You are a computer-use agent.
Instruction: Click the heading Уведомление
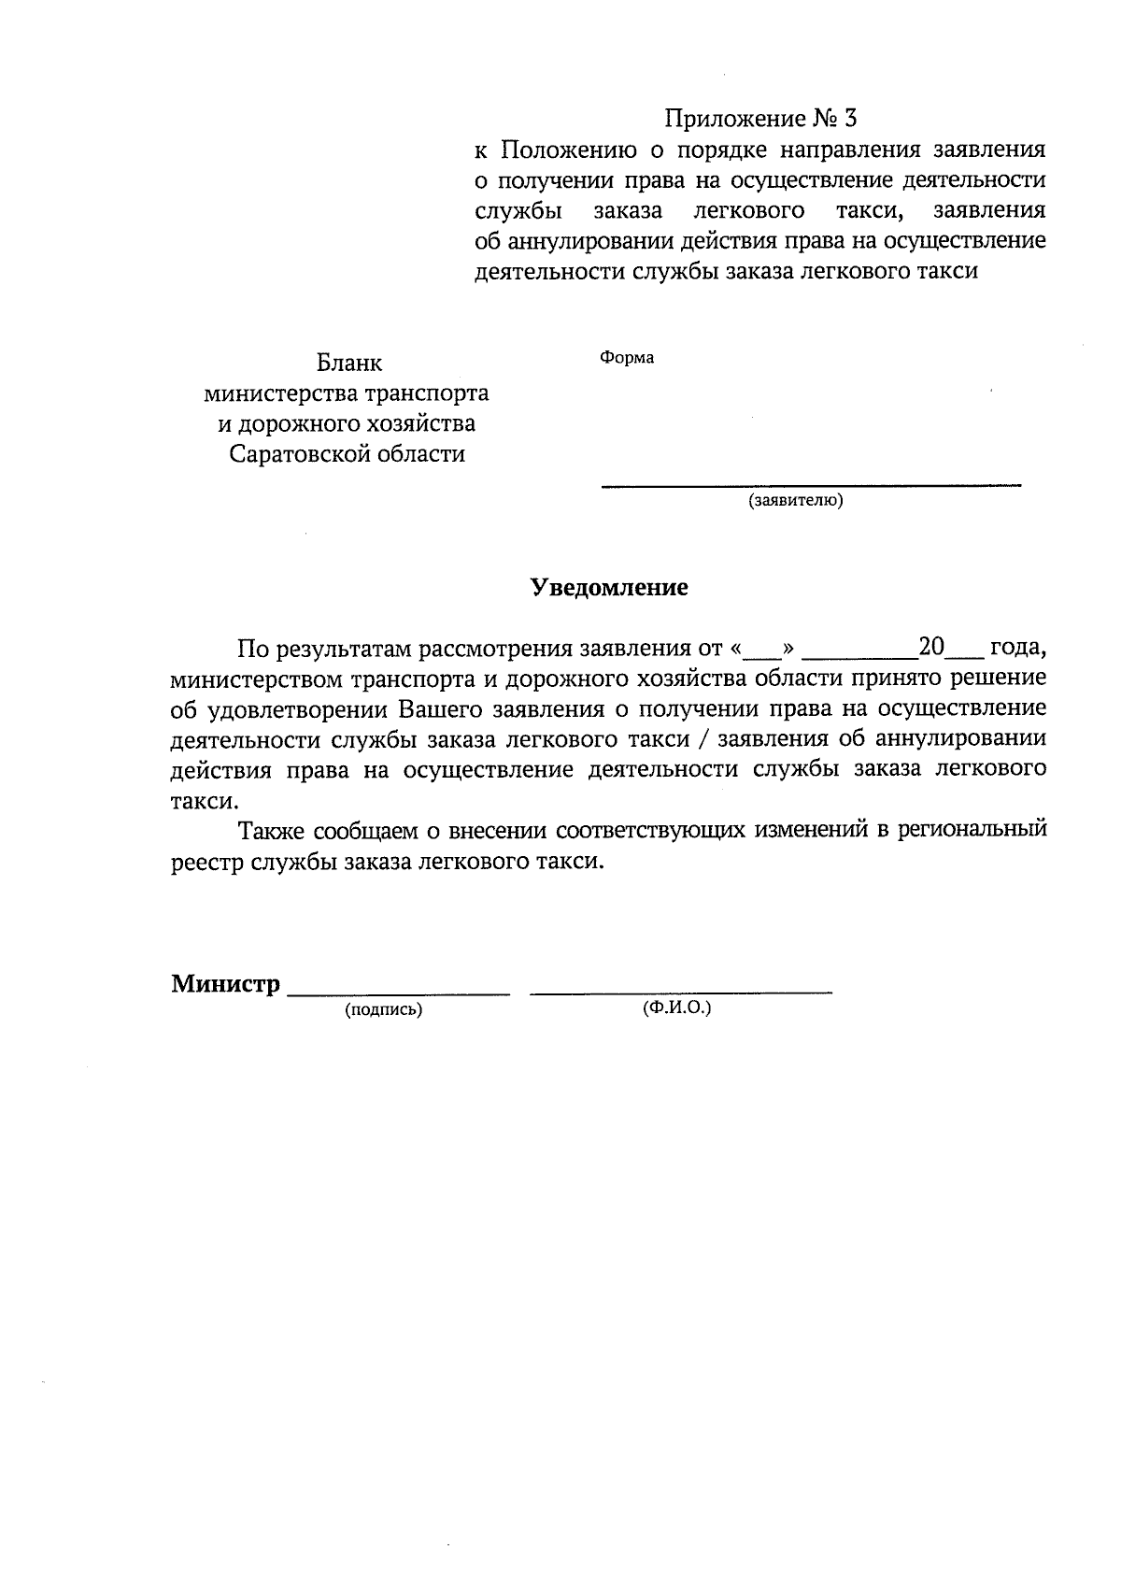[609, 587]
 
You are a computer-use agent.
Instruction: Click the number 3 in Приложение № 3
[848, 119]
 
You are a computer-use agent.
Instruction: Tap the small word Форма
[626, 358]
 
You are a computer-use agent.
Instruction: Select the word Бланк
[348, 363]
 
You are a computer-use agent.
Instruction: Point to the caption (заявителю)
[795, 501]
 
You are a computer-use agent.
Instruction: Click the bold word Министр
[225, 983]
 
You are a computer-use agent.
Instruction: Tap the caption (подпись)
[383, 1010]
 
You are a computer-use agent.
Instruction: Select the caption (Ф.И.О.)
[676, 1009]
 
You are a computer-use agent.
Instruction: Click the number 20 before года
[932, 647]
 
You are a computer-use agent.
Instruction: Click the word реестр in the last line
[207, 862]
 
